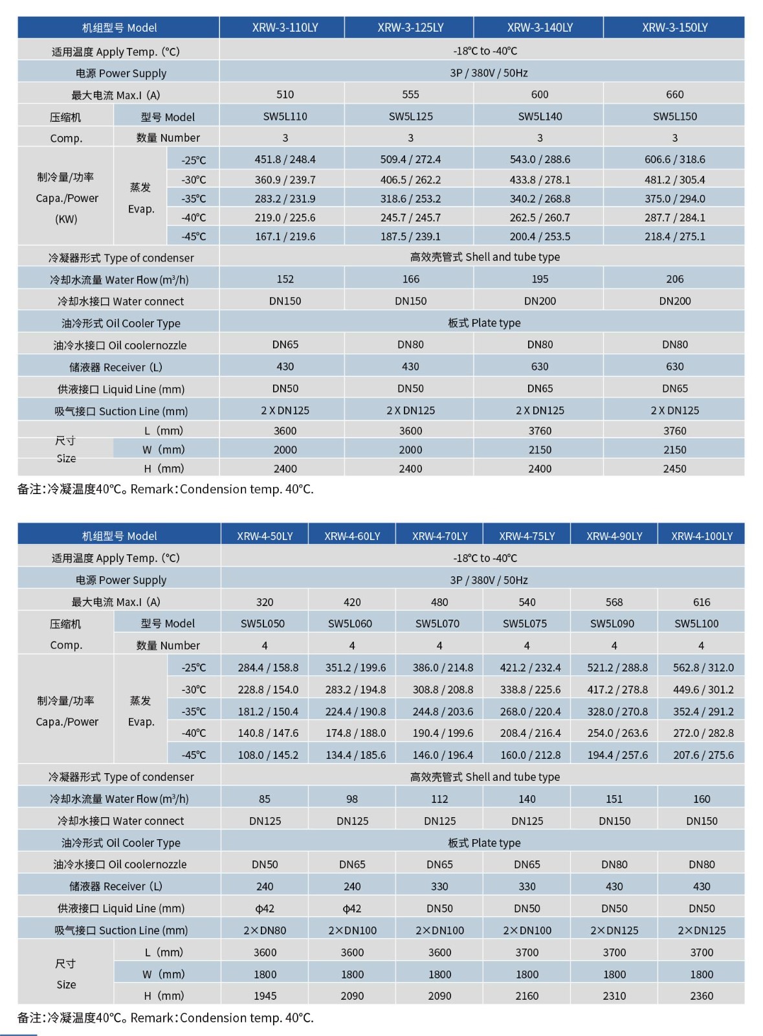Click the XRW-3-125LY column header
point(410,28)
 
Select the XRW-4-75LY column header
point(527,536)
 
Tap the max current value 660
point(674,95)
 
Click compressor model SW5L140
point(540,117)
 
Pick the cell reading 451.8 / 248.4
point(285,159)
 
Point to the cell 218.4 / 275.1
point(674,236)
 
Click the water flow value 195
point(540,279)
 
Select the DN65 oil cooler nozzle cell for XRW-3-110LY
point(285,344)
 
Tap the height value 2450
point(674,469)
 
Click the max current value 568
point(614,602)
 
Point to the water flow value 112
point(439,799)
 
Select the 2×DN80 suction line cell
point(265,930)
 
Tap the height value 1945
point(265,996)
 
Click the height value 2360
point(702,996)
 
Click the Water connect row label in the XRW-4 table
point(120,821)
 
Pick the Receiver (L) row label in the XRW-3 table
point(115,367)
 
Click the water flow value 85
point(265,799)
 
